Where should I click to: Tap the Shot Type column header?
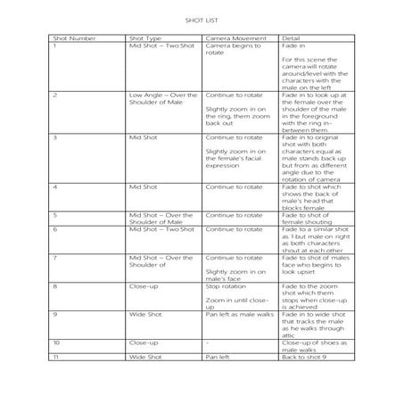coord(146,38)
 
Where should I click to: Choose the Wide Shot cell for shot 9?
coord(145,313)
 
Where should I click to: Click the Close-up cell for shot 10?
coord(143,342)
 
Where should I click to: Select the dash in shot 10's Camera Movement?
coord(207,342)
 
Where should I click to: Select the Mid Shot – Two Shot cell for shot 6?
coord(161,229)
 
